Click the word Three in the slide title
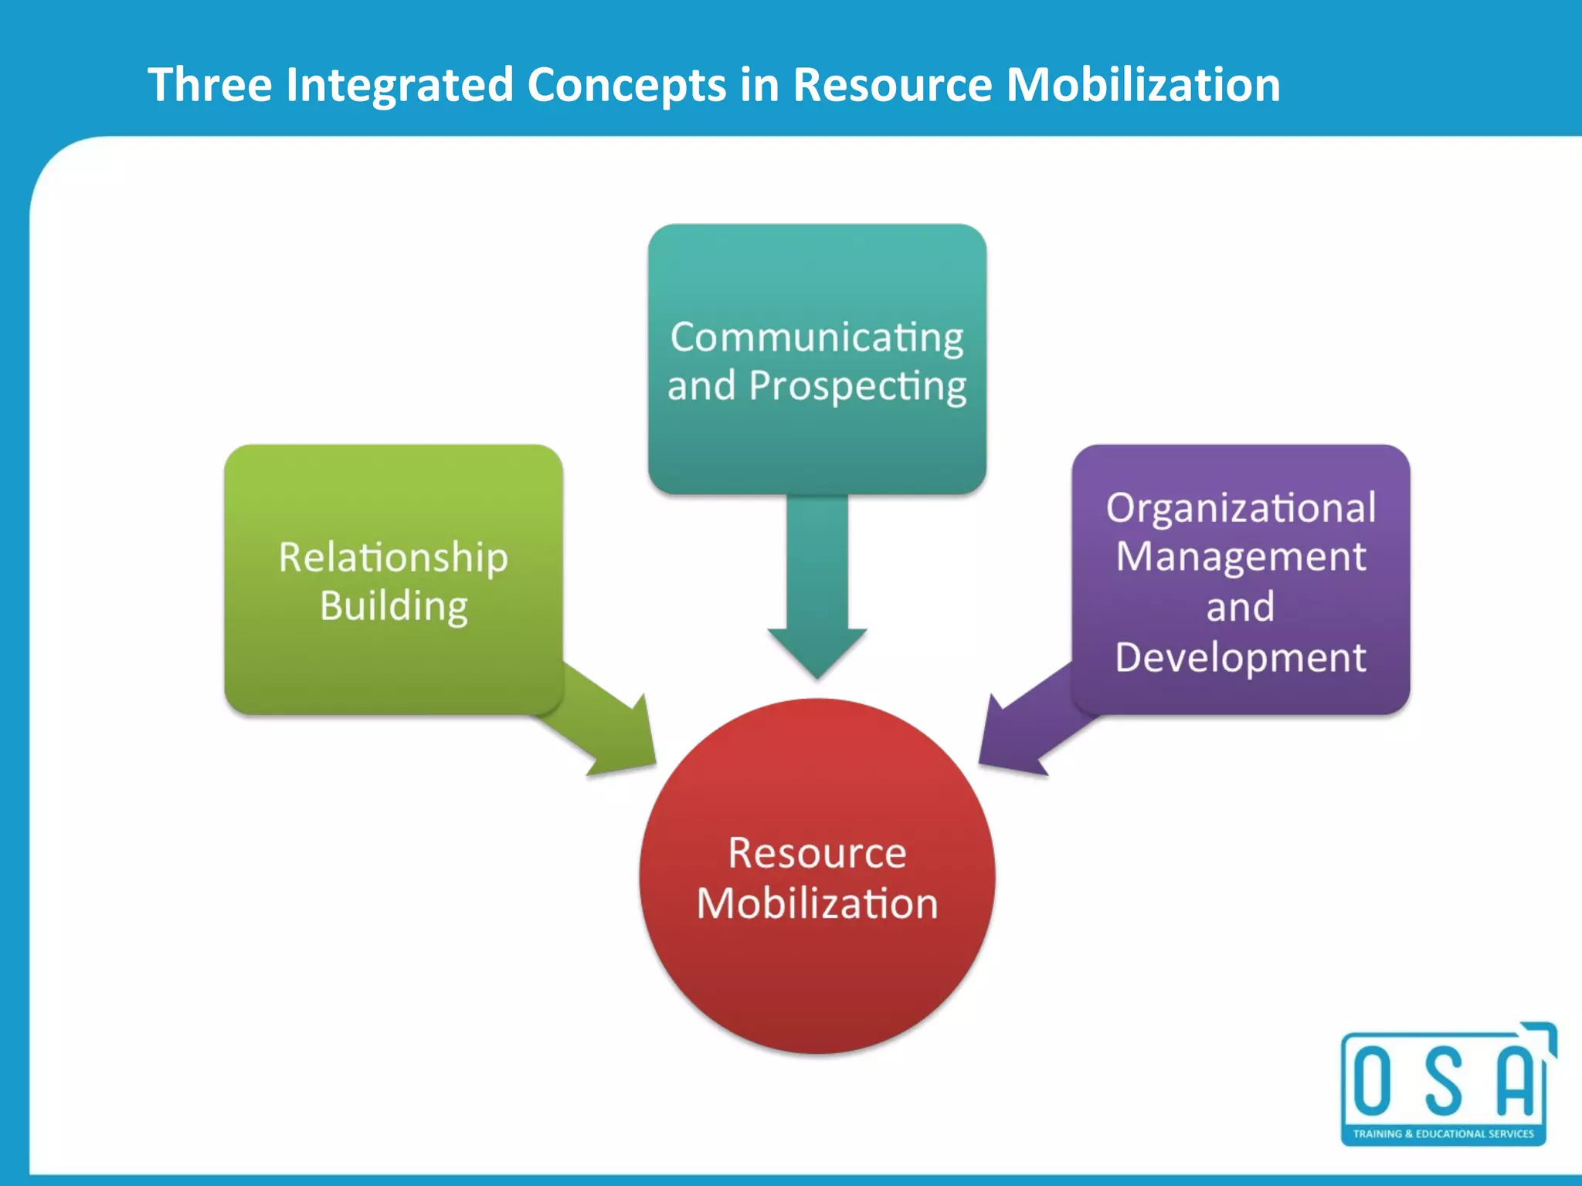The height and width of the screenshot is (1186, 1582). coord(209,84)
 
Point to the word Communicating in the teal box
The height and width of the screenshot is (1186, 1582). coord(816,337)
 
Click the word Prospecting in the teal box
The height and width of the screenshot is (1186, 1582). coord(857,386)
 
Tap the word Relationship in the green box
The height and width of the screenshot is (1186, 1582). coord(393,557)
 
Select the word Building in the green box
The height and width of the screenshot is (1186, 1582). coord(393,606)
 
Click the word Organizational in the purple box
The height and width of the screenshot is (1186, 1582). coord(1241,508)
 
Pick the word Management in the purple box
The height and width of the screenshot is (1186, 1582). coord(1241,557)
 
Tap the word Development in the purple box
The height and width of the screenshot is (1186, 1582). coord(1241,658)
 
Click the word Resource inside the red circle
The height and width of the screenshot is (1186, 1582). coord(816,853)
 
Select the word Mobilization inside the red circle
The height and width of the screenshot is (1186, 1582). coord(816,903)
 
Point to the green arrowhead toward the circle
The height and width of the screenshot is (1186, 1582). coord(626,745)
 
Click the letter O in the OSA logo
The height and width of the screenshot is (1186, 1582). coord(1373,1082)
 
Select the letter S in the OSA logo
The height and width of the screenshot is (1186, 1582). coord(1443,1082)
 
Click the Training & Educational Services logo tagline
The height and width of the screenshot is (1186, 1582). coord(1443,1133)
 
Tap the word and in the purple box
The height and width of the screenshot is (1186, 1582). coord(1241,607)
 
